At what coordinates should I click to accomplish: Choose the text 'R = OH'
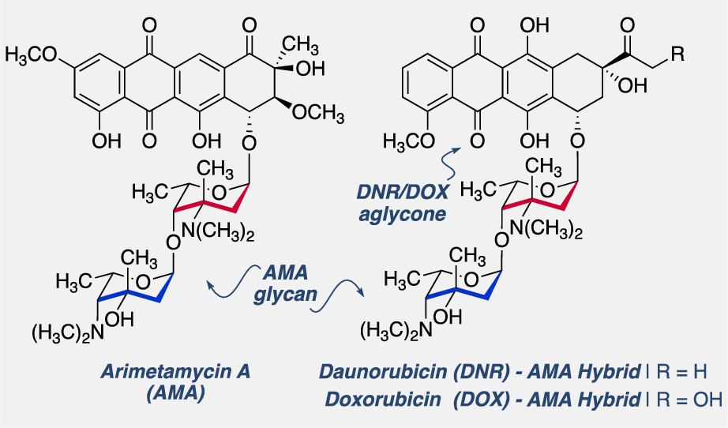point(687,399)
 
